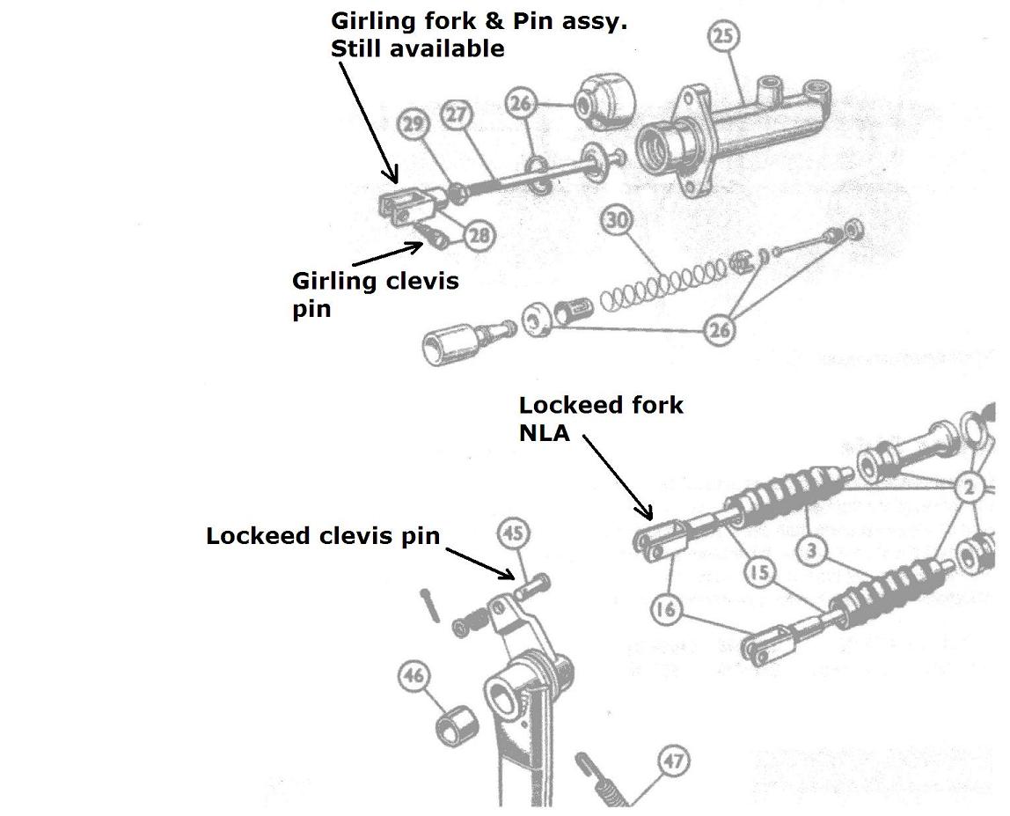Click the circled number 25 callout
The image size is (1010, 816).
pos(722,36)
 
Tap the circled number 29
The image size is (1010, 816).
pos(413,124)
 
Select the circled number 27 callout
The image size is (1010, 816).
pos(457,115)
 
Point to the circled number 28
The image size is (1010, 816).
pos(479,235)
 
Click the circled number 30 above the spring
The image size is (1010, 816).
pos(618,221)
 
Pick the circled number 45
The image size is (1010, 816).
pos(515,533)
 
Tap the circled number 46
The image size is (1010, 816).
pos(414,676)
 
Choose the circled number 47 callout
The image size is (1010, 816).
pos(673,761)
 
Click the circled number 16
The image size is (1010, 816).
pos(666,609)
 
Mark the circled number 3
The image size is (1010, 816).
pos(812,551)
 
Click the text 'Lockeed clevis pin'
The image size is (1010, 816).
pos(322,536)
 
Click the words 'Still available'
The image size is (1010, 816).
pos(417,48)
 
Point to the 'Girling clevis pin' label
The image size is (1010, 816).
pos(375,294)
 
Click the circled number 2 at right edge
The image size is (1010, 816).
pos(969,487)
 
